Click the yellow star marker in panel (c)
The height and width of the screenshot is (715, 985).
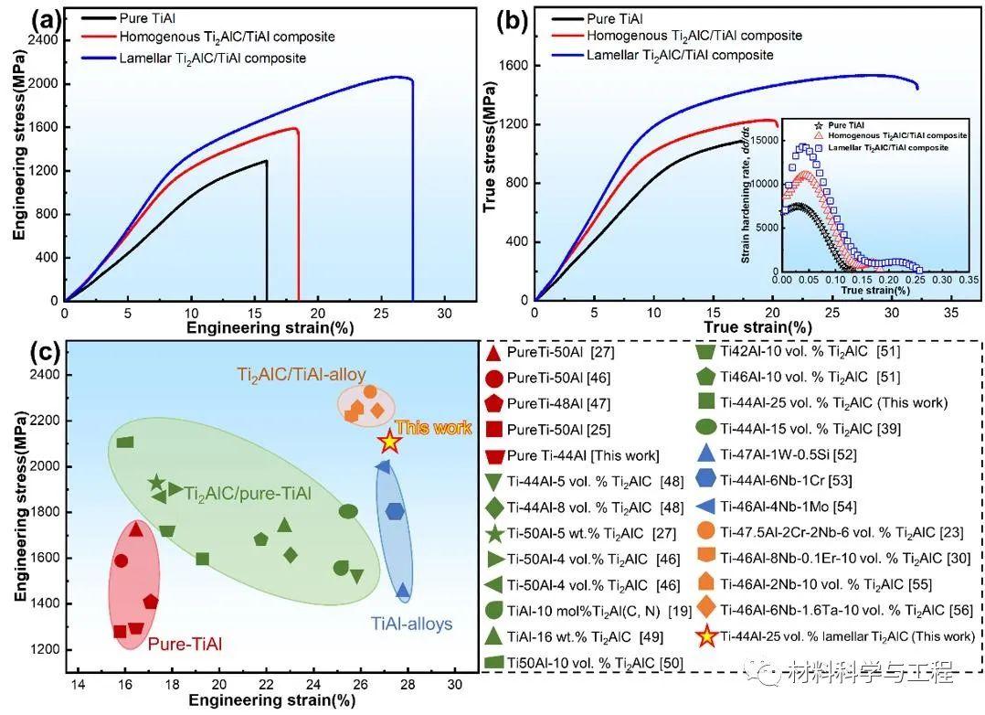[390, 442]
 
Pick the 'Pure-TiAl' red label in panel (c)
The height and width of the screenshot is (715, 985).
[186, 644]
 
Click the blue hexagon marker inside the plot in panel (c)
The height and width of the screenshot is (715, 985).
[395, 511]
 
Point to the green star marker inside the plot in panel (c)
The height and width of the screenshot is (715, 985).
[157, 483]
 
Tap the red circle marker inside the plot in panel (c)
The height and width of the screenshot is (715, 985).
[122, 560]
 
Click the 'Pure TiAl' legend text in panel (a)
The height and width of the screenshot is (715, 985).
[147, 18]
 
